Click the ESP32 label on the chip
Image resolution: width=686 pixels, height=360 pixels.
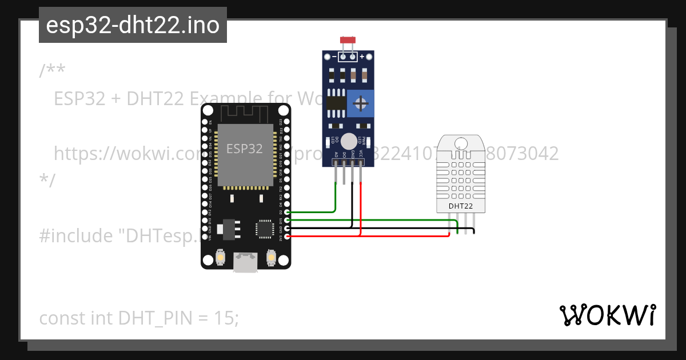[x=245, y=149]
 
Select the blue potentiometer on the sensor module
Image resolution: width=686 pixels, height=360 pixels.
[x=360, y=103]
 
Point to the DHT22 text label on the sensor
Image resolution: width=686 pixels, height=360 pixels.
[x=460, y=206]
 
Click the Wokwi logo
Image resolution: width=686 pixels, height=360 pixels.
[x=607, y=315]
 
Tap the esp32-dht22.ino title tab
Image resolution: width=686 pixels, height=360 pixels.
[x=133, y=25]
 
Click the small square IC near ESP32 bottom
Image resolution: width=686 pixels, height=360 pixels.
[x=264, y=228]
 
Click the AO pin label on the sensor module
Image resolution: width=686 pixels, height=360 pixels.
[x=336, y=154]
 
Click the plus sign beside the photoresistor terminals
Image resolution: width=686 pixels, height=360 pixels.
[x=361, y=57]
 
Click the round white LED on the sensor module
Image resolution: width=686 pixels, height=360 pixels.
[x=349, y=140]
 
